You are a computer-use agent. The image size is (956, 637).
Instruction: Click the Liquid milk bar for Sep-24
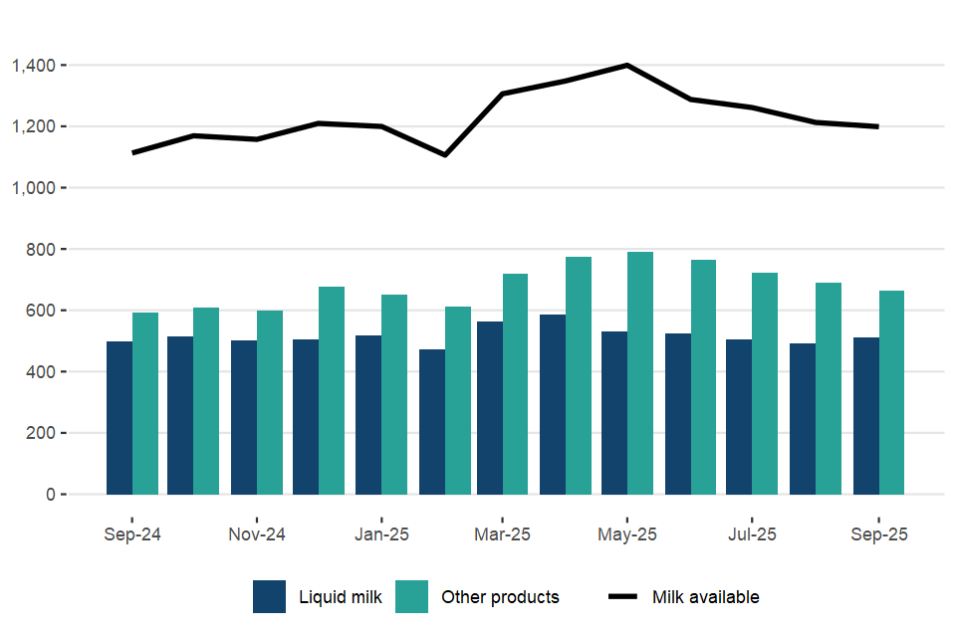tap(119, 418)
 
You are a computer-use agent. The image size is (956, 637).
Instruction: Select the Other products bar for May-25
tap(640, 373)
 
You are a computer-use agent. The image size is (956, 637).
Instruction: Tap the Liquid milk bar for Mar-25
tap(490, 408)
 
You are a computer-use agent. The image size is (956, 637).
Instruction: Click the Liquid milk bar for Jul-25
tap(739, 417)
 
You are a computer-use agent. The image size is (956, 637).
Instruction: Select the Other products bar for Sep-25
tap(891, 392)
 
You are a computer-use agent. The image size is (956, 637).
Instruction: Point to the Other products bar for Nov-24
tap(270, 402)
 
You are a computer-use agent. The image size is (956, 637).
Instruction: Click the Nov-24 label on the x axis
tap(257, 534)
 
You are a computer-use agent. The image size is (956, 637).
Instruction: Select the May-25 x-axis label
tap(627, 534)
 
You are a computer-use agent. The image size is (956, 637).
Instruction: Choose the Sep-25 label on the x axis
tap(878, 534)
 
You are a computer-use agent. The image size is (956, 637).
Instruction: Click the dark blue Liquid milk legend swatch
tap(270, 597)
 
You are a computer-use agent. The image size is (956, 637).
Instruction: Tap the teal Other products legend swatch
tap(412, 597)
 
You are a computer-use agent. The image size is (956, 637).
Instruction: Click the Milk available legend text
tap(705, 597)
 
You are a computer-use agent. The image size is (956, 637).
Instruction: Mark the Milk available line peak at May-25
tap(627, 65)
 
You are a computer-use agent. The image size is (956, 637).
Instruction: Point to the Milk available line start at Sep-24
tap(132, 153)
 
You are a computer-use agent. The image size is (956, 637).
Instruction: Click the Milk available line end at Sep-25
tap(878, 126)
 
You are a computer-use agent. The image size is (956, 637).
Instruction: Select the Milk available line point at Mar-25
tap(503, 94)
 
